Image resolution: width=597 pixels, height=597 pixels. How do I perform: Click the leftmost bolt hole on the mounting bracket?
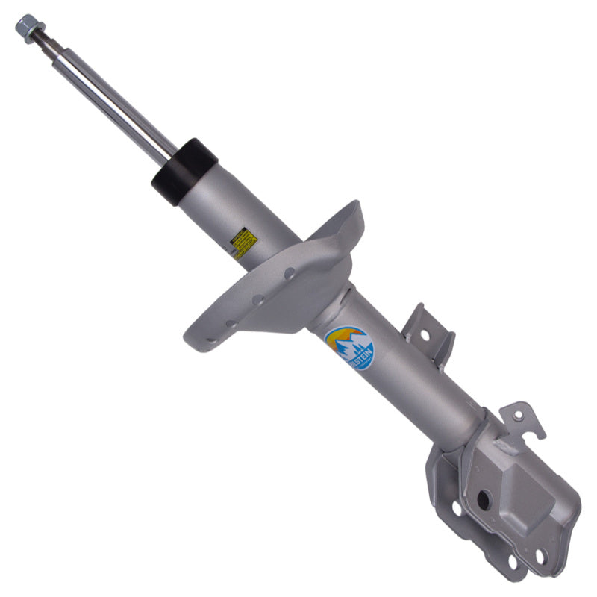[456, 508]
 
